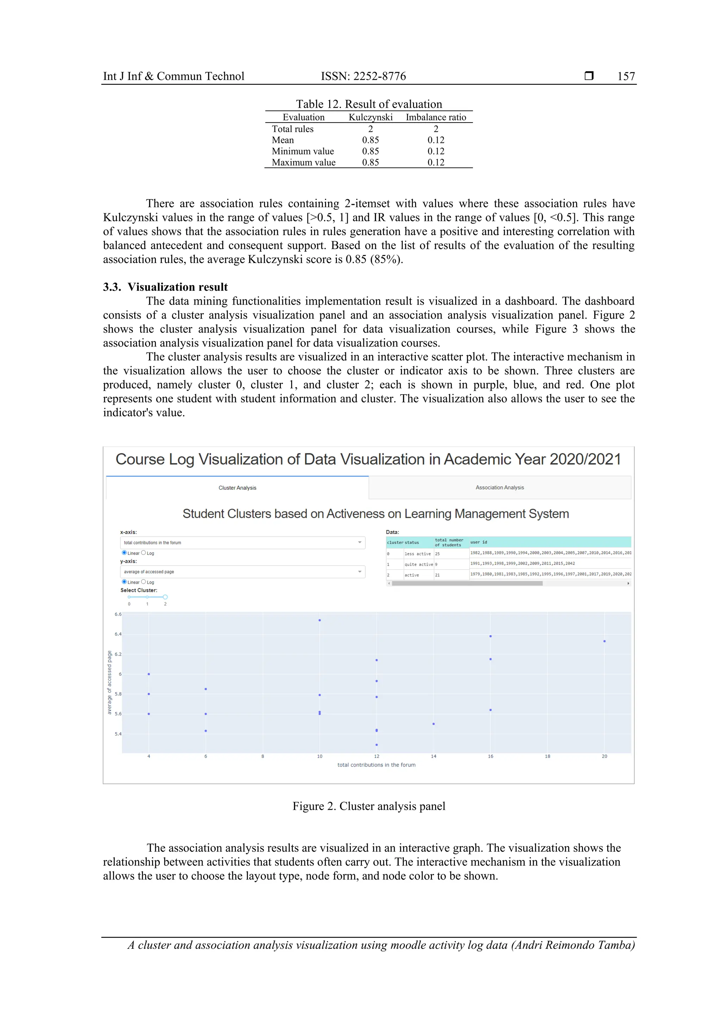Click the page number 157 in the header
[x=626, y=76]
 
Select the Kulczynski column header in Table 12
[x=370, y=117]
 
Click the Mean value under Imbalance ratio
[x=435, y=140]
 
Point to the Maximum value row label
[x=303, y=163]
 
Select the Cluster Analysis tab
[x=237, y=488]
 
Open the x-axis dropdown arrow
[x=359, y=543]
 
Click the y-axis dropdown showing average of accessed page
[x=242, y=572]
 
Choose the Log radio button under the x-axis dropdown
[x=144, y=553]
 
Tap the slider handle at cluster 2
[x=165, y=597]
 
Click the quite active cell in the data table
[x=419, y=564]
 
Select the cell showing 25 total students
[x=451, y=553]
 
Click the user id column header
[x=478, y=542]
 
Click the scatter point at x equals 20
[x=604, y=641]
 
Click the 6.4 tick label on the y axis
[x=118, y=634]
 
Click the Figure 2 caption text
[x=368, y=806]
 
